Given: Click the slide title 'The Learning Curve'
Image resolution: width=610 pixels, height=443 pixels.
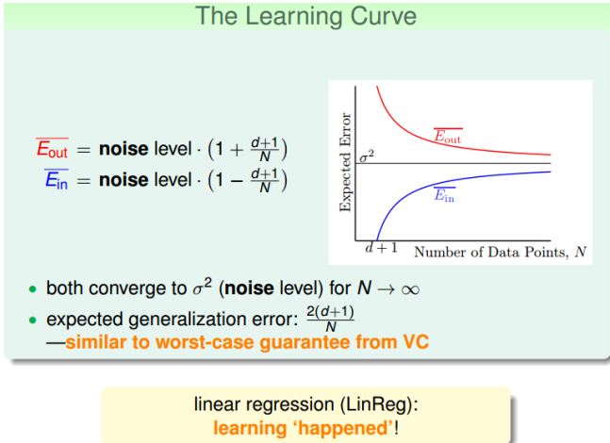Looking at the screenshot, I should (305, 16).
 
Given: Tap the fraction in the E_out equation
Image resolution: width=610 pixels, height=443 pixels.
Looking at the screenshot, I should (269, 149).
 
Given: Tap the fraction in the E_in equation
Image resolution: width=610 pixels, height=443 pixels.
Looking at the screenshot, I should (269, 179).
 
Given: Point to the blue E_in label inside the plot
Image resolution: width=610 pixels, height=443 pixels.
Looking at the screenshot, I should (444, 195).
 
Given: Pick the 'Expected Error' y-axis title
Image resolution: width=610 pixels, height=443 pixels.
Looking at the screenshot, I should (345, 163).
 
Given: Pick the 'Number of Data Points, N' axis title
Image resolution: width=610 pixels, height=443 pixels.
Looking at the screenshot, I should (500, 252).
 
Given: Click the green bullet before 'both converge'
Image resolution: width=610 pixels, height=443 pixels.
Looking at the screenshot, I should (34, 289).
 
